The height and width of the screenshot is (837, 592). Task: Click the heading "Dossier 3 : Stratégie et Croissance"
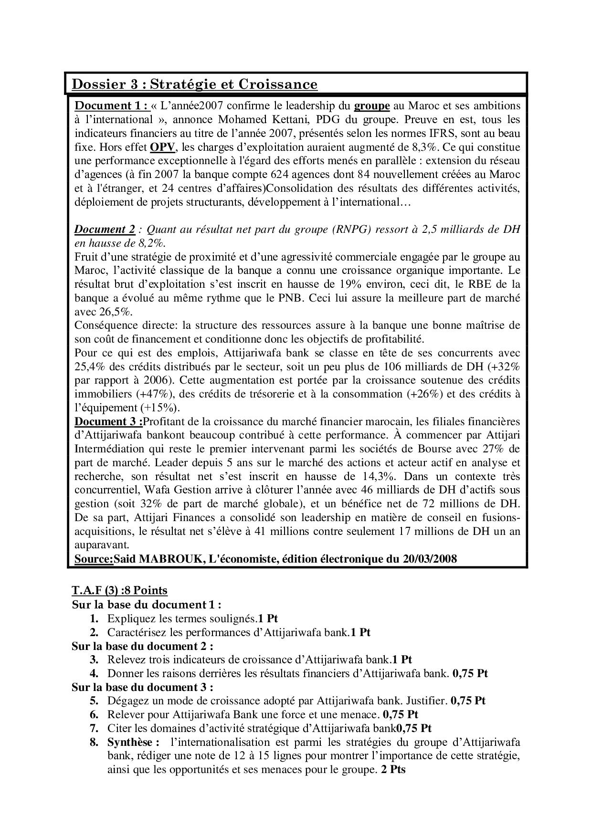point(194,84)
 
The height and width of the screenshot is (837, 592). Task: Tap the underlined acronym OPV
point(162,147)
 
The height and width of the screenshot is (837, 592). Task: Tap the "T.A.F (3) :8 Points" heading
point(119,591)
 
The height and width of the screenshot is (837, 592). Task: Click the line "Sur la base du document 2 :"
point(142,646)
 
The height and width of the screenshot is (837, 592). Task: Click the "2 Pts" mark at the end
point(393,770)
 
